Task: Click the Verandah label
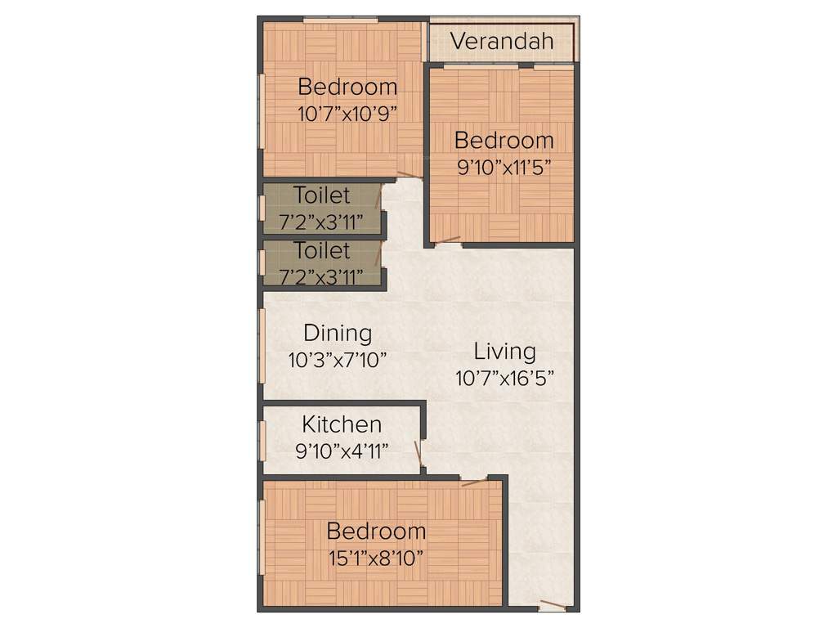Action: point(502,41)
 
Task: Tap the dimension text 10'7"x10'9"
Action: point(347,114)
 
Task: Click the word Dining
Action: point(338,333)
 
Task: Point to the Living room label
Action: point(505,352)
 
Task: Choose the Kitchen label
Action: point(342,424)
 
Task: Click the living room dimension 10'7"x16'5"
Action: point(505,378)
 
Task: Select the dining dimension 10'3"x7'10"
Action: point(337,359)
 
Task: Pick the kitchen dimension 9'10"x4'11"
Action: point(342,451)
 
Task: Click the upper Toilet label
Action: point(322,195)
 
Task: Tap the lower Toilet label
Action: point(322,250)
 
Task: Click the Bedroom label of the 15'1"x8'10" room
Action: point(376,532)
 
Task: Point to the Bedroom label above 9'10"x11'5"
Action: point(504,140)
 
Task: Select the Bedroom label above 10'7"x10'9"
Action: point(347,86)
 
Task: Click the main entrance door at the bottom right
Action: point(553,606)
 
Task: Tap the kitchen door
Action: point(419,456)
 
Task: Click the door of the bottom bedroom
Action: point(474,482)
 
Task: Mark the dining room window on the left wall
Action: point(262,344)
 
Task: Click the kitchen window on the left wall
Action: point(262,442)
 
